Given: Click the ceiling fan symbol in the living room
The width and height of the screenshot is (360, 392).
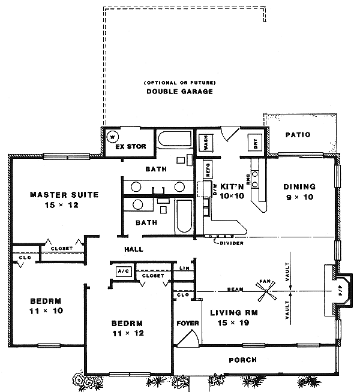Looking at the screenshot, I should point(265,294).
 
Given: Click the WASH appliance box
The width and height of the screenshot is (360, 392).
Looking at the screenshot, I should point(206,143).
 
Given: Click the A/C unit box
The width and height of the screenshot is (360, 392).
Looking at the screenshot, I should point(123,270).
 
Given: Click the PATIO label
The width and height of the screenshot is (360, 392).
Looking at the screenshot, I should point(298,135).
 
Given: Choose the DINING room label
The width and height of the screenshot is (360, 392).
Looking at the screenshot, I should point(299,186).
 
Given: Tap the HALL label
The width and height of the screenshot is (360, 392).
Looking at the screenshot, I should point(133,249).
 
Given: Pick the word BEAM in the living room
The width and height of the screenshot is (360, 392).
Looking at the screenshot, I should point(235,290).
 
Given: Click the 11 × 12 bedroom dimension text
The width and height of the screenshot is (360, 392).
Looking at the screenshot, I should point(127,333).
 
